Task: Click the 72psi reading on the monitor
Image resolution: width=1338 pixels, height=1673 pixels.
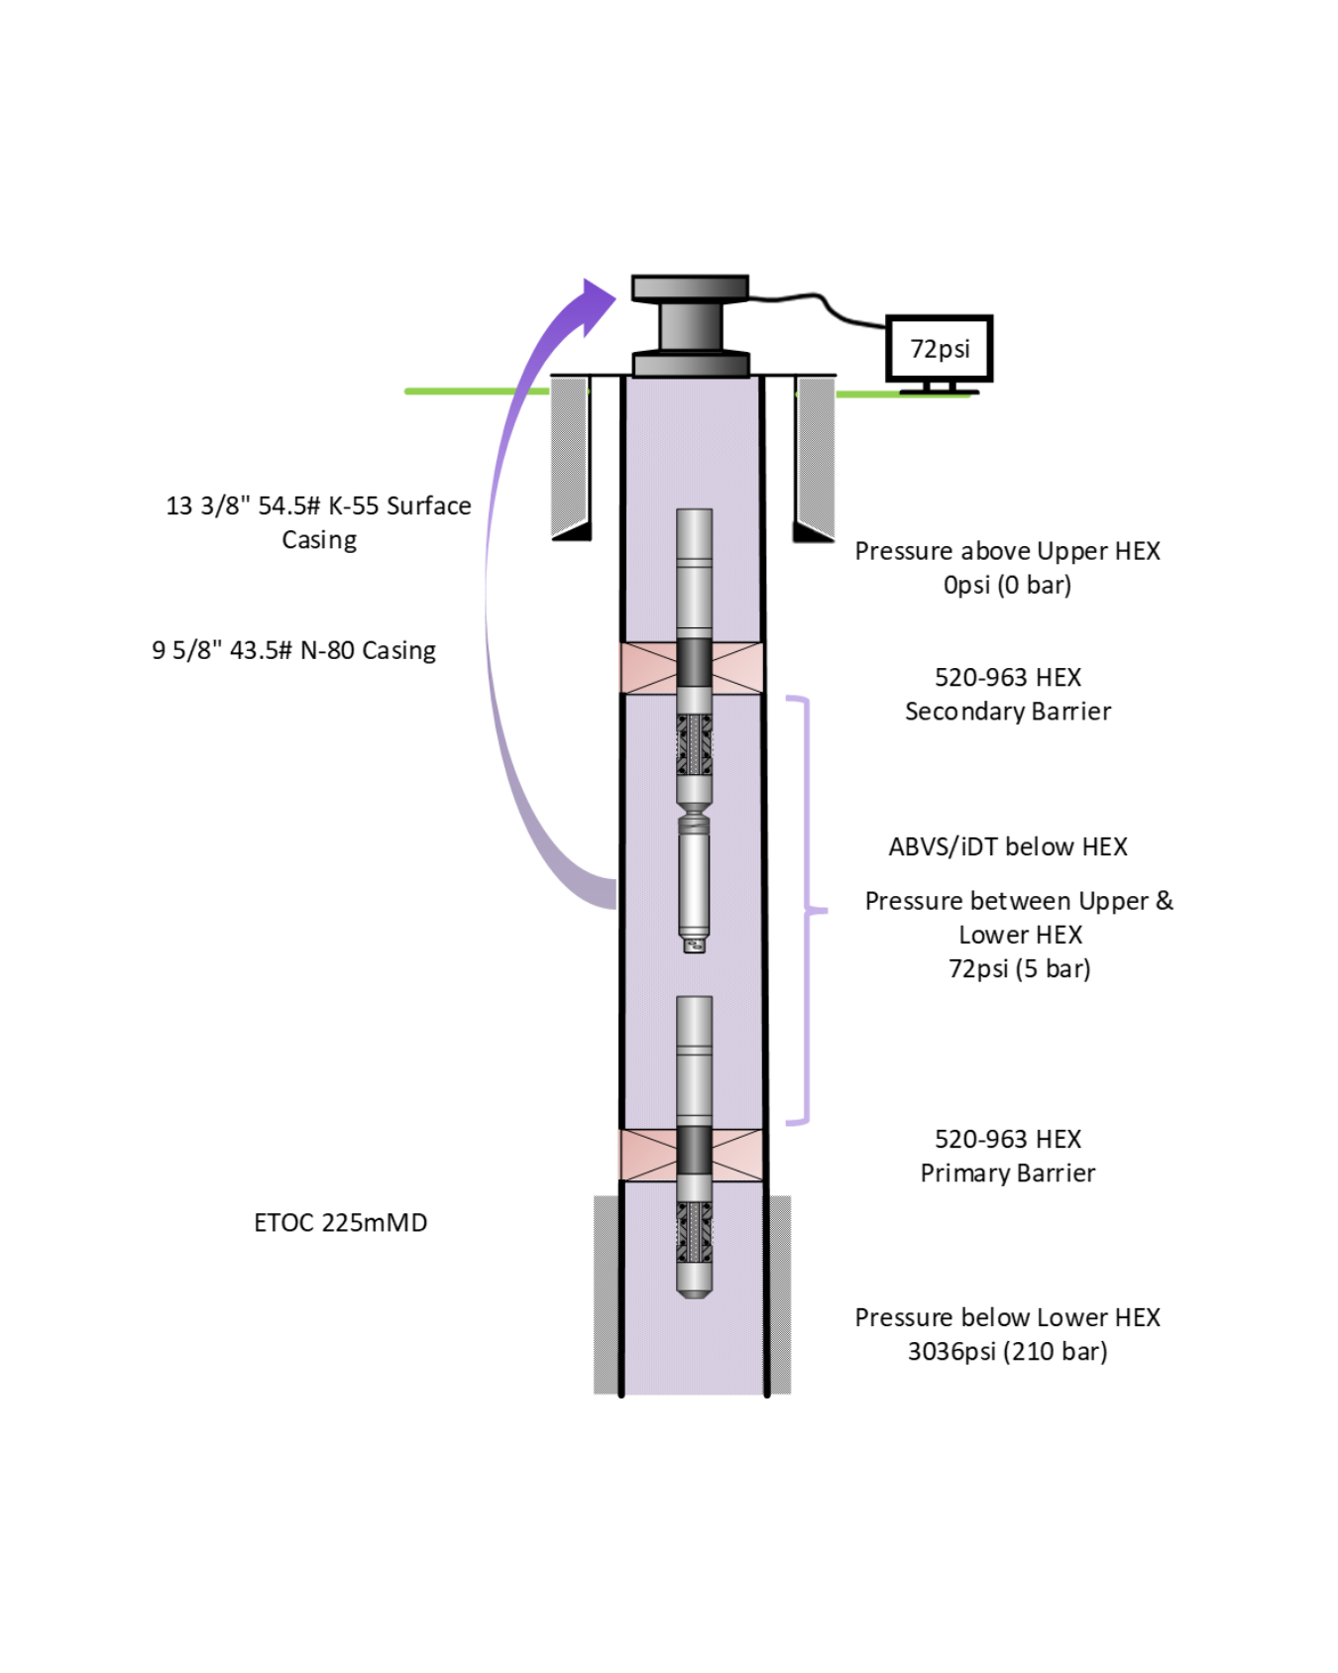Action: pos(940,349)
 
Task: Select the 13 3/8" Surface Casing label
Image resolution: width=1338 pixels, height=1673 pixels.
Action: pos(318,522)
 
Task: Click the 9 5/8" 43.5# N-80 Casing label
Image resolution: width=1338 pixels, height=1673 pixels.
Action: pos(293,650)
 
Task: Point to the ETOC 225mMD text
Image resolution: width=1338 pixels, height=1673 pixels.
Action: pos(340,1222)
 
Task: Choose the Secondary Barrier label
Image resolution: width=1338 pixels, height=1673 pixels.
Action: pos(1008,711)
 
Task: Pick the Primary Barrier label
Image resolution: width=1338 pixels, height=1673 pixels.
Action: pos(1008,1172)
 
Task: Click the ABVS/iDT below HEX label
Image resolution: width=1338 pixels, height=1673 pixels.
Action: pos(1008,846)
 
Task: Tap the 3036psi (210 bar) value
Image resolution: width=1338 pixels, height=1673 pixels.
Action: pos(1007,1351)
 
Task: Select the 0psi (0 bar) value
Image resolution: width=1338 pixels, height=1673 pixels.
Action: pos(1007,585)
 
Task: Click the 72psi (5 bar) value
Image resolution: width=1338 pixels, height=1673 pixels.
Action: pos(1019,968)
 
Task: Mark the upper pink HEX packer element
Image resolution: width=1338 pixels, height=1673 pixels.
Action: pos(692,667)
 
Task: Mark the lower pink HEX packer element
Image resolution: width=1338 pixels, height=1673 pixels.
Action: pos(692,1155)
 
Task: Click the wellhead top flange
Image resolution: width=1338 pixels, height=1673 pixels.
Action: pos(690,287)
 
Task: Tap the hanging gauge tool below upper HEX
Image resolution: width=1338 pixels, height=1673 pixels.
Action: pos(694,882)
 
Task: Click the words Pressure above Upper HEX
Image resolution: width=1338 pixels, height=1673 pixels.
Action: pos(1007,551)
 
